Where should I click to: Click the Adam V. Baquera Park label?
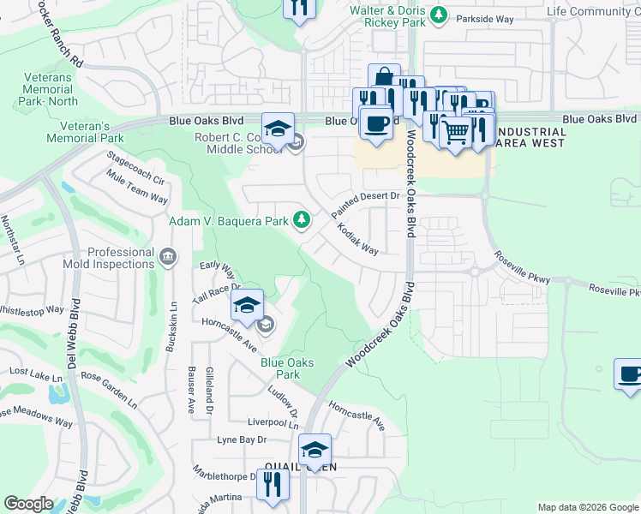[228, 221]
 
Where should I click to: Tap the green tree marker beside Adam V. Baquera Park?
[302, 221]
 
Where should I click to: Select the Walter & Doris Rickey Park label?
[387, 17]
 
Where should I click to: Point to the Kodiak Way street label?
[357, 239]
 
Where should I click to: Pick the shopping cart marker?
[456, 133]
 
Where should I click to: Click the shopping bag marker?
[384, 78]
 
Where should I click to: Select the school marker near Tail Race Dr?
[246, 305]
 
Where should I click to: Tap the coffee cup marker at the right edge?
[629, 374]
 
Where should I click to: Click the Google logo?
[28, 504]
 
